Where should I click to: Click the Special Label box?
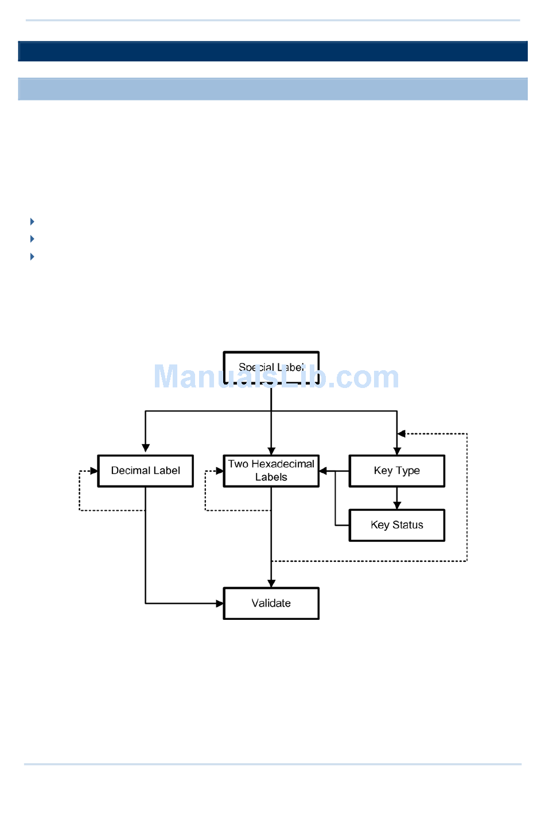(x=271, y=367)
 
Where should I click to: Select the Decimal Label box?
(x=145, y=471)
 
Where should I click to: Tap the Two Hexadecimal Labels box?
(x=271, y=471)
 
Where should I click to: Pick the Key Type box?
(x=396, y=471)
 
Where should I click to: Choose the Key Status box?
(x=396, y=525)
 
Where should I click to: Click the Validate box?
(x=271, y=603)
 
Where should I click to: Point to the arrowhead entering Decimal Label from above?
(x=146, y=448)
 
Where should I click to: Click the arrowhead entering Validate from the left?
(x=219, y=603)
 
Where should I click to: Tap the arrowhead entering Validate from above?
(x=271, y=583)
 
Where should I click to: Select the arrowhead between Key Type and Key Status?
(x=397, y=505)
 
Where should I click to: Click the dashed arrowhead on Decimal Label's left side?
(x=94, y=471)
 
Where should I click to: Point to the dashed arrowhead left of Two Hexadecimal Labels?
(x=220, y=471)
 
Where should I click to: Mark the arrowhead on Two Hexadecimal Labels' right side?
(x=323, y=471)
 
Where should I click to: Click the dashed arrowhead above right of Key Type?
(x=402, y=434)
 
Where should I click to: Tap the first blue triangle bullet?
(x=32, y=222)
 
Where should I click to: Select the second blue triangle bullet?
(x=32, y=239)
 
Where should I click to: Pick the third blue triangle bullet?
(x=32, y=257)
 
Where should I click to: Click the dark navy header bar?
(x=272, y=51)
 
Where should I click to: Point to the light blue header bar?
(x=272, y=89)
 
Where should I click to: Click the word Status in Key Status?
(x=408, y=525)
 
